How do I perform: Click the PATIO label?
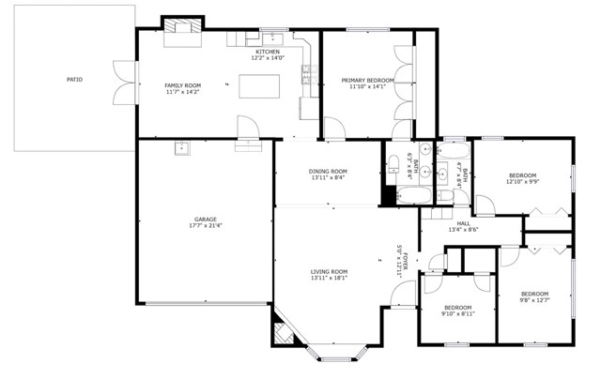click(x=74, y=80)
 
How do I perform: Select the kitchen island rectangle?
click(x=261, y=86)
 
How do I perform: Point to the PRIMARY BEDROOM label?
click(x=367, y=81)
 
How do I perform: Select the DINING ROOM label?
click(x=327, y=171)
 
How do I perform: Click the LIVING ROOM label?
click(x=330, y=272)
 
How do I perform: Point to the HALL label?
click(x=463, y=223)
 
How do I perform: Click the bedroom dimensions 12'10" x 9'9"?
click(x=522, y=182)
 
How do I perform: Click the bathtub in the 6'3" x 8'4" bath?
click(x=413, y=195)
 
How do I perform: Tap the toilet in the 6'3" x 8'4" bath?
click(x=394, y=164)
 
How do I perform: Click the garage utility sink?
click(x=181, y=147)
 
